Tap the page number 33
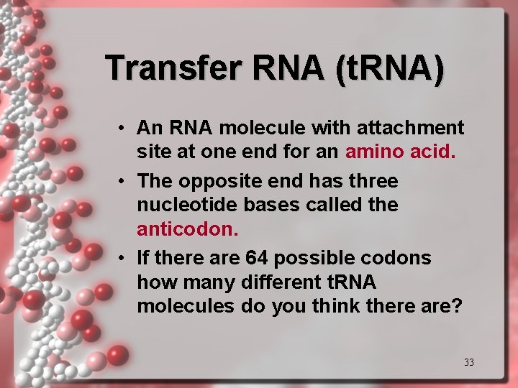pyautogui.click(x=468, y=362)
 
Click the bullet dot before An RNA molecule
pyautogui.click(x=124, y=128)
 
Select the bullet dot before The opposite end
pyautogui.click(x=124, y=180)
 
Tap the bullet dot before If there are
pyautogui.click(x=124, y=257)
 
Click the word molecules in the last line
pyautogui.click(x=175, y=306)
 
